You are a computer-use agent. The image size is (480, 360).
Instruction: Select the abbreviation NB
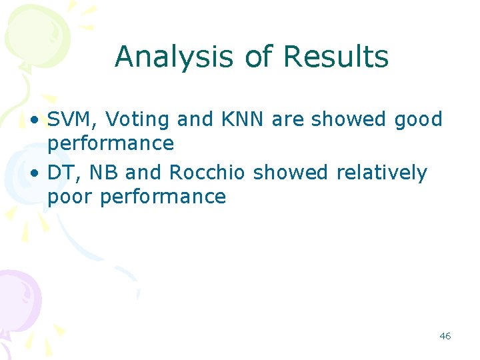[103, 173]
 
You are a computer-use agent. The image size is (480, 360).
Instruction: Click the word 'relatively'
[381, 173]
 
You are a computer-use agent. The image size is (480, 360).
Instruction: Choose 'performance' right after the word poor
[163, 197]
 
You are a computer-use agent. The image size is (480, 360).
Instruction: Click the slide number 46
[445, 336]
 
